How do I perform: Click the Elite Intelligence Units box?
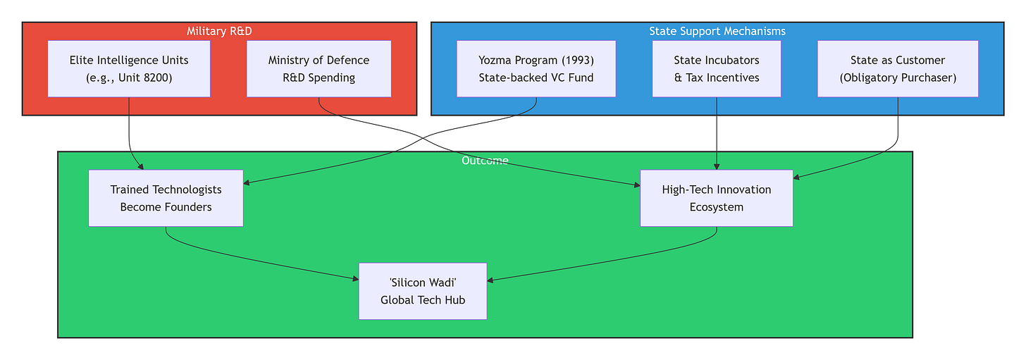(x=129, y=69)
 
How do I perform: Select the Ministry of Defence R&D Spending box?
(x=319, y=69)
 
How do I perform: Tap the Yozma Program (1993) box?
(x=536, y=69)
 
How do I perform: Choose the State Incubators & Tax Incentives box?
(x=717, y=69)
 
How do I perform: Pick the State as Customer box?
(x=898, y=69)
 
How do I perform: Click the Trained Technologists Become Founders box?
(x=166, y=199)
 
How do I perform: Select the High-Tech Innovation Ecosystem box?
(x=717, y=199)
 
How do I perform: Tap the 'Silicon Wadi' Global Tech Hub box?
(x=423, y=291)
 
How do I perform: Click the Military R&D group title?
(x=219, y=31)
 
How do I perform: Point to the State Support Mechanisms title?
(x=717, y=31)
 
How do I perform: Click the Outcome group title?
(x=485, y=161)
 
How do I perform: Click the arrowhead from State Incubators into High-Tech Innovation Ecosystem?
(x=717, y=167)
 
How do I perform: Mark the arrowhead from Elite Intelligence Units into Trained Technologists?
(x=141, y=167)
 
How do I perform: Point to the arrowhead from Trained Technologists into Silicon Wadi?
(x=355, y=278)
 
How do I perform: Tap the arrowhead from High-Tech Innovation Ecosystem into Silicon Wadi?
(x=490, y=280)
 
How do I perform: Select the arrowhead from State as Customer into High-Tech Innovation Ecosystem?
(x=796, y=178)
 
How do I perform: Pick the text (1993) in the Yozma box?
(x=579, y=61)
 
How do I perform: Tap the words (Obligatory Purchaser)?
(x=898, y=78)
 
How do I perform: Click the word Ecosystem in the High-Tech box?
(x=717, y=208)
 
